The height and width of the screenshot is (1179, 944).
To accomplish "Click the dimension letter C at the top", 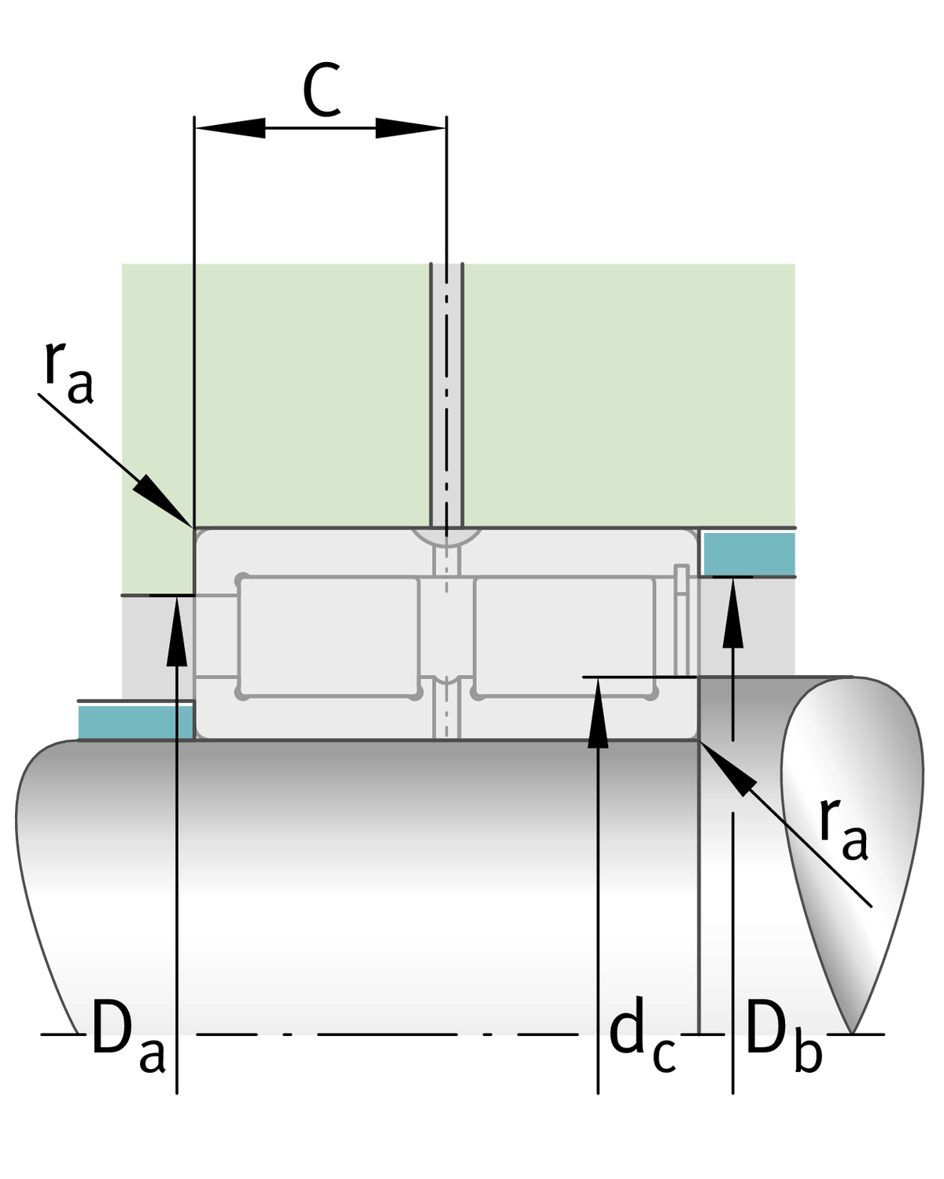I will click(x=322, y=91).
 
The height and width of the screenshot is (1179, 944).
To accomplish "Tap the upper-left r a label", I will click(x=68, y=373).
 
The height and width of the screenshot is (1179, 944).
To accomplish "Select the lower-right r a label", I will click(x=843, y=829).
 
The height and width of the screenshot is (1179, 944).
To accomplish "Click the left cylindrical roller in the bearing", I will click(x=329, y=636).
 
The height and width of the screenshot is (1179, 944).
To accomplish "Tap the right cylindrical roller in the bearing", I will click(x=564, y=636).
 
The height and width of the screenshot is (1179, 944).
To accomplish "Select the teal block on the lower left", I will click(x=135, y=722).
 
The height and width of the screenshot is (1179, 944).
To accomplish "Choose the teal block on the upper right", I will click(x=748, y=553).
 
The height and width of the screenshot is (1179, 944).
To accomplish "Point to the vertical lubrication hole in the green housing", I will click(x=446, y=393).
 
